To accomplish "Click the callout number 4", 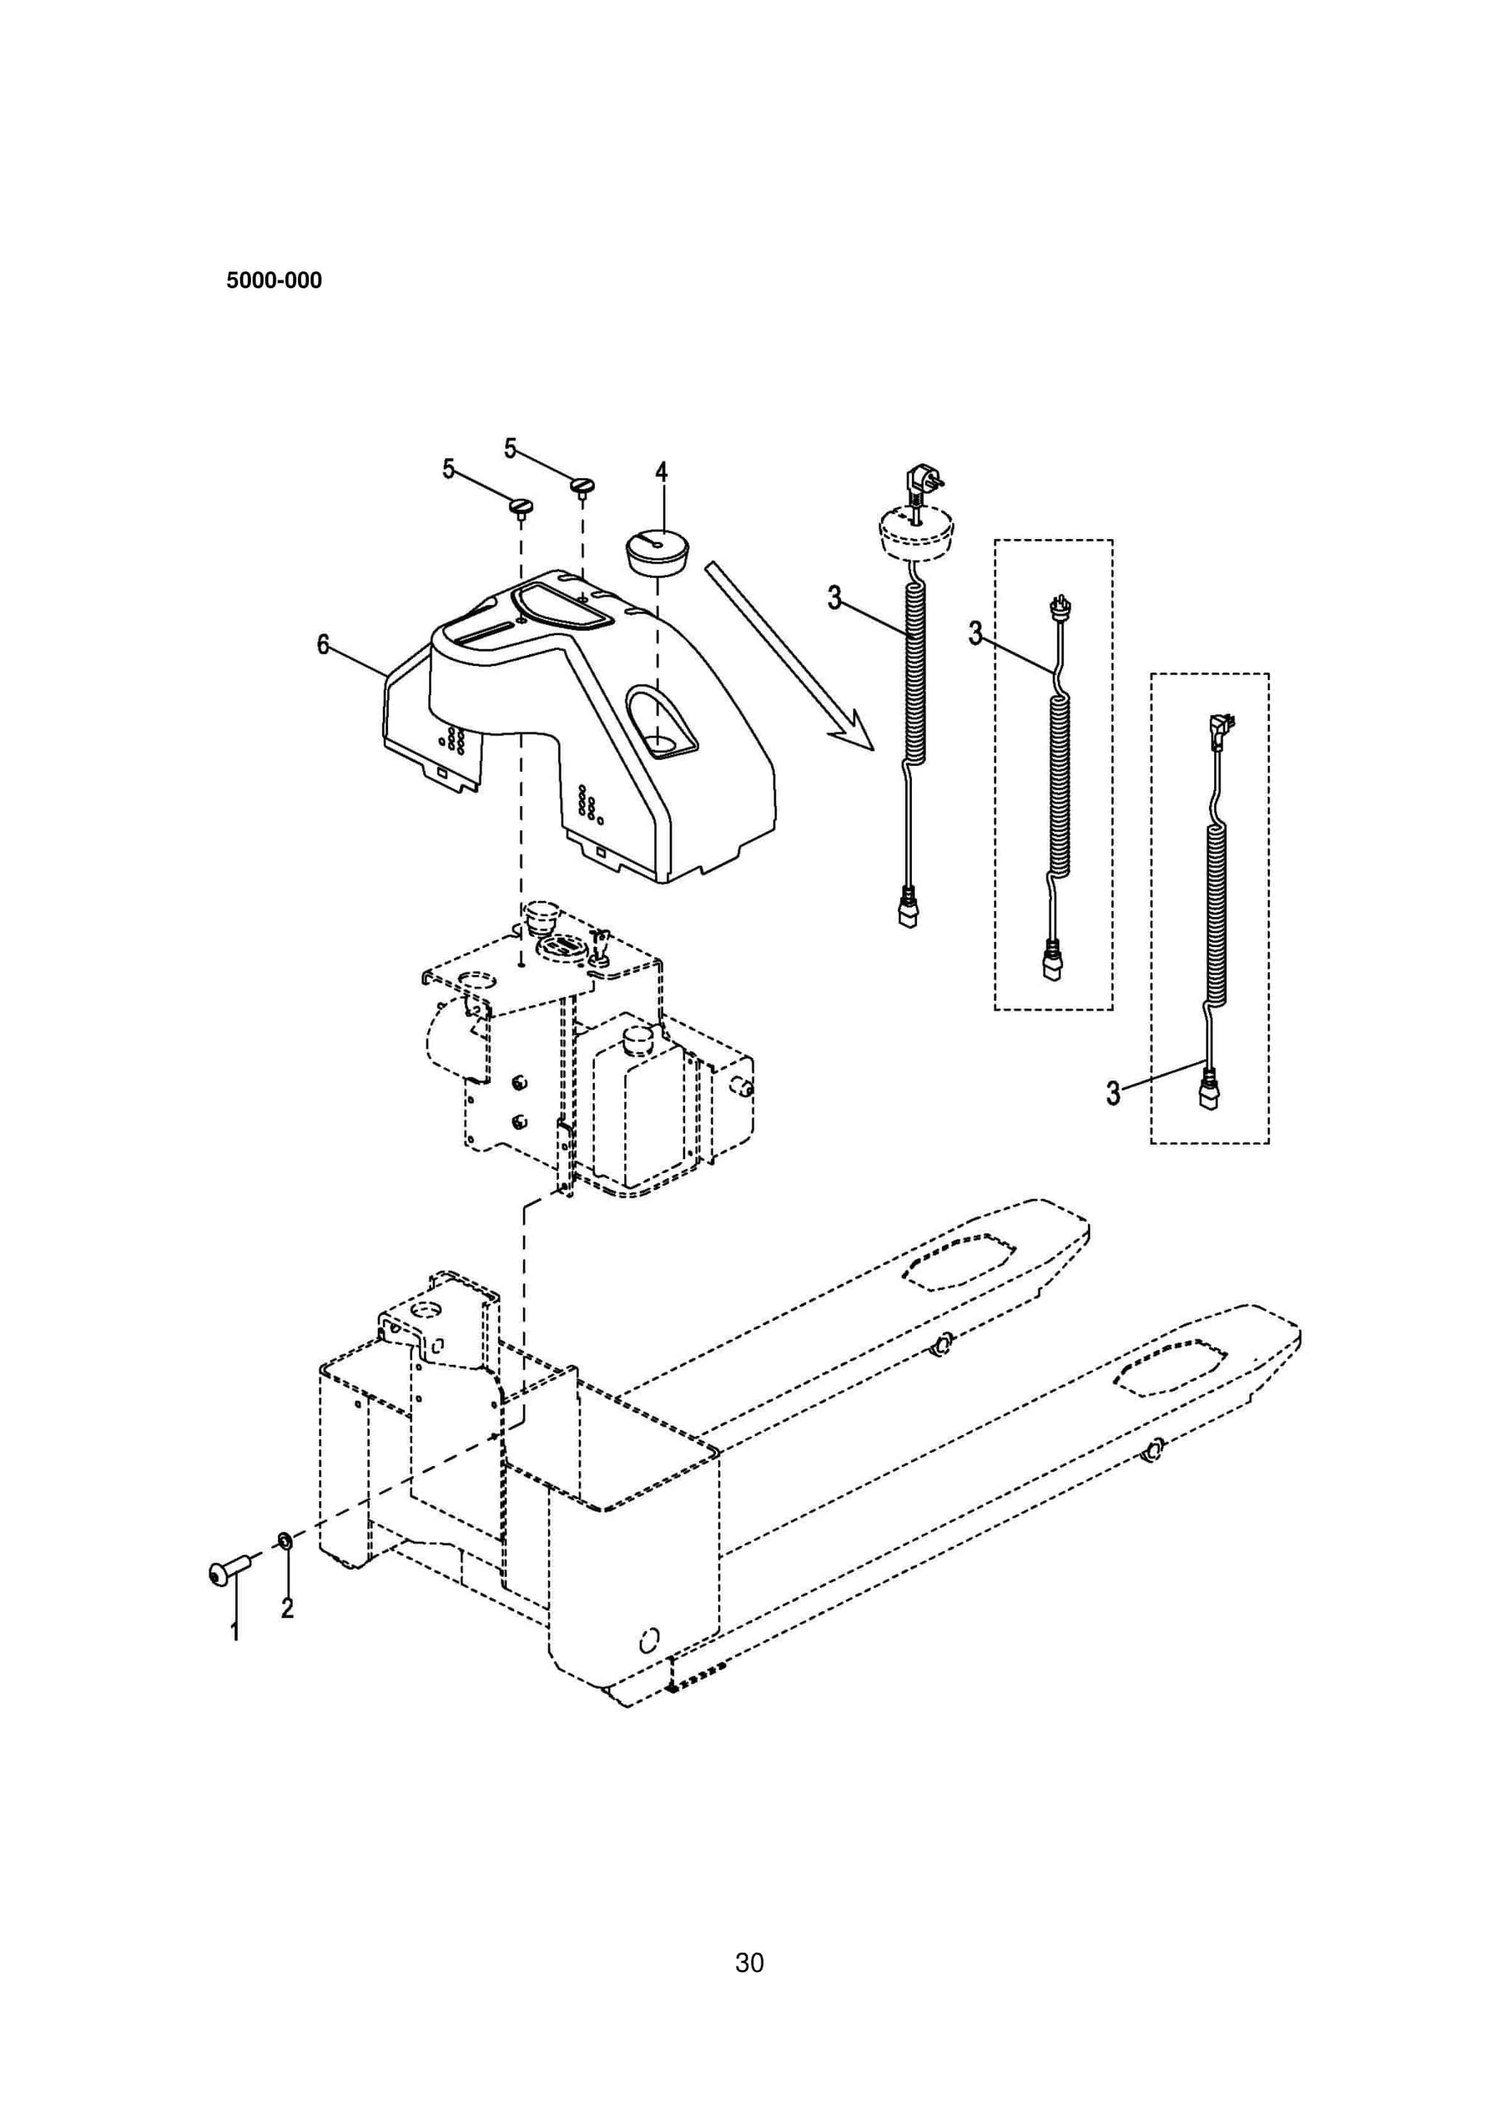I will click(x=661, y=472).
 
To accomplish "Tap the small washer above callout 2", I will click(x=285, y=1540).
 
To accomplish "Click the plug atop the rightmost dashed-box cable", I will click(x=1221, y=729).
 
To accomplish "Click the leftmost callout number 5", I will click(x=449, y=469).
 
